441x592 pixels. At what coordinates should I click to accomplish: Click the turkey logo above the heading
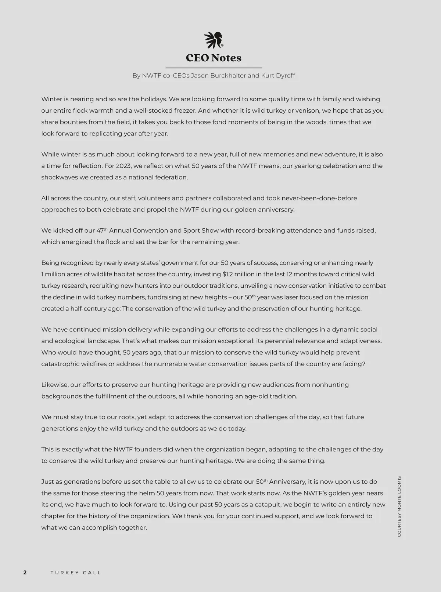214,40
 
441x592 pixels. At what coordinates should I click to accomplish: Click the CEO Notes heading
214,58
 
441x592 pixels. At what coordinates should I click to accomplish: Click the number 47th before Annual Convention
101,230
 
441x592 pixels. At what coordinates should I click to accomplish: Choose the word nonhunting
330,385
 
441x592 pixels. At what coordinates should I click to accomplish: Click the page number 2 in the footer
25,573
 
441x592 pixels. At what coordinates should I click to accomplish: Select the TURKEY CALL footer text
76,573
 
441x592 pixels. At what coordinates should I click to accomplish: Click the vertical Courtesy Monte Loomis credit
399,506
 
